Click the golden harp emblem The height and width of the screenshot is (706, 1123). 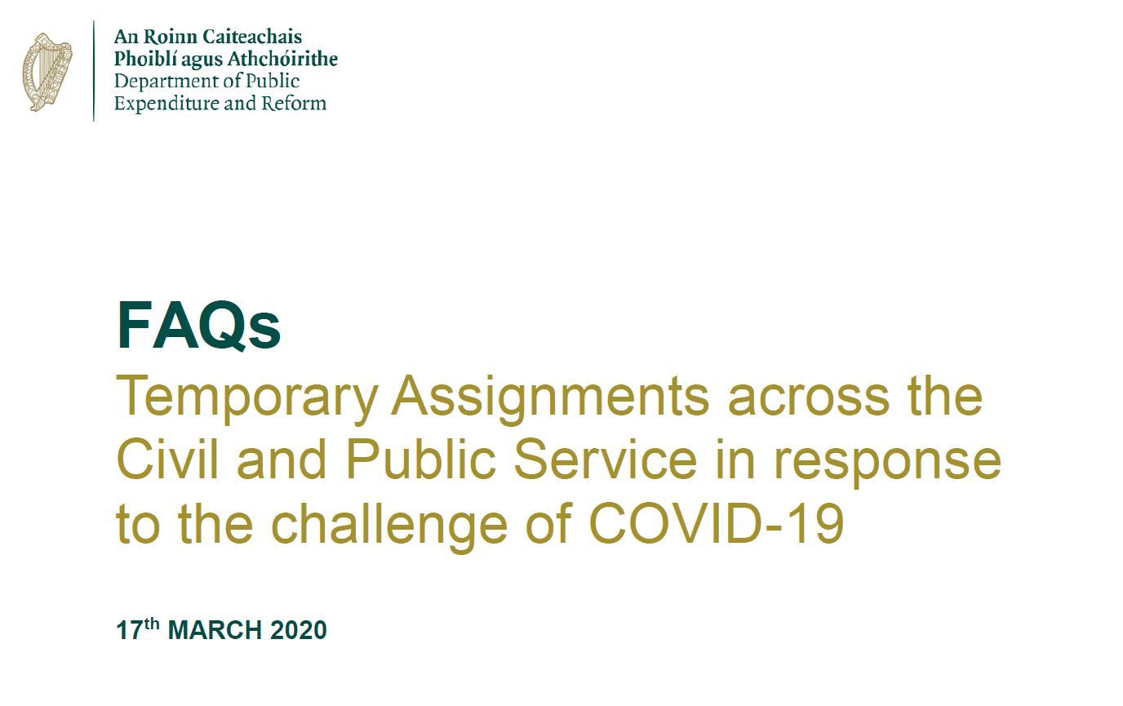click(x=47, y=72)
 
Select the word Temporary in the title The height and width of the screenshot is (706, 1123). click(x=246, y=399)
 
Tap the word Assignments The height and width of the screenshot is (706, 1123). click(x=550, y=399)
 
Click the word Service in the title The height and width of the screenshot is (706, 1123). click(x=605, y=459)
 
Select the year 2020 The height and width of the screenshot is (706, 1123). click(x=299, y=630)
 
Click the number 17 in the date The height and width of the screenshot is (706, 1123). click(x=130, y=630)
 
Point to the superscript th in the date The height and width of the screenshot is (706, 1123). click(x=152, y=624)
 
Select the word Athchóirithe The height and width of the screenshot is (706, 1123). click(x=282, y=59)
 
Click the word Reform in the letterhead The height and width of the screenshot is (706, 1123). click(x=295, y=104)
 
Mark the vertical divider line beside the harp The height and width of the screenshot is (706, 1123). click(x=94, y=71)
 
